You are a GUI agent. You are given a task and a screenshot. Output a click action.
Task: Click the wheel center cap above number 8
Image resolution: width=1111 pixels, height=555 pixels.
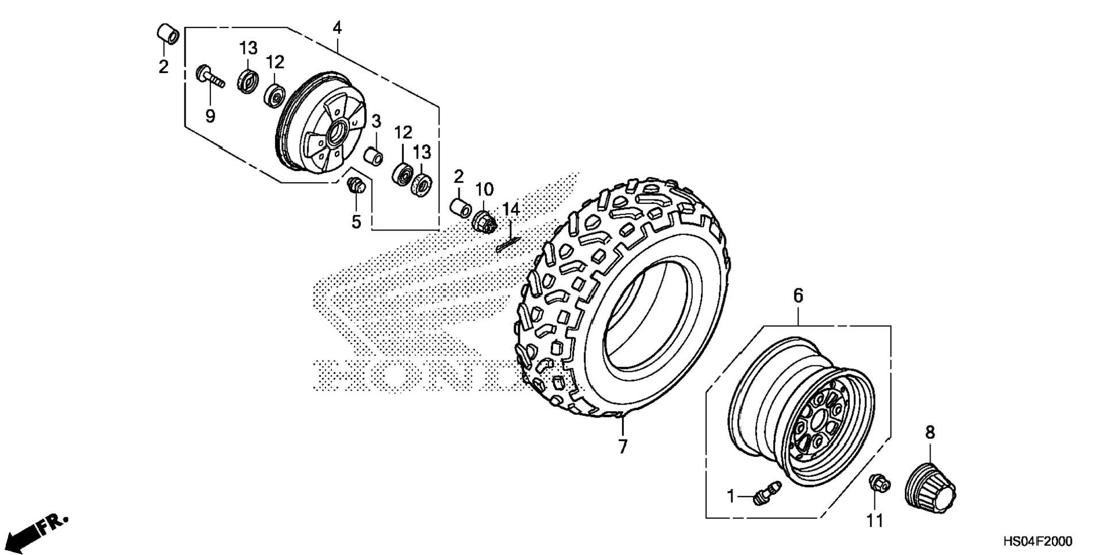tap(929, 482)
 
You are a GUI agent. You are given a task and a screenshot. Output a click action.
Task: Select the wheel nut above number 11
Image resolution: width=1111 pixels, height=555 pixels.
tap(879, 483)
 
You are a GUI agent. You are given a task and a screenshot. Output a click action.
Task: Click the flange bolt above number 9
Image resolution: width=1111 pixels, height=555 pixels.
tap(210, 77)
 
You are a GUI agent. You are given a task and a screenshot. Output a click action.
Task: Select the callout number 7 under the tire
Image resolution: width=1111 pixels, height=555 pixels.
tap(623, 446)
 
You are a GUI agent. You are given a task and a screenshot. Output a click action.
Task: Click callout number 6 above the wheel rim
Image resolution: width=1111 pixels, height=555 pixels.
tap(798, 296)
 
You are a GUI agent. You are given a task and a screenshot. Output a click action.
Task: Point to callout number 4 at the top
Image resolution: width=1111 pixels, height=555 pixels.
tap(337, 28)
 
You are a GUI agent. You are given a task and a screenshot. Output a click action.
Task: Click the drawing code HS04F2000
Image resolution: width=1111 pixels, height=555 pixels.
tap(1038, 542)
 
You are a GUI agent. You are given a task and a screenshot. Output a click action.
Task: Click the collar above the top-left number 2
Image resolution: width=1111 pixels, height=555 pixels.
tap(168, 33)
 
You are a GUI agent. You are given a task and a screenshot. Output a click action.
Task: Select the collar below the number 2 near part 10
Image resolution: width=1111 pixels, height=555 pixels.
tap(461, 209)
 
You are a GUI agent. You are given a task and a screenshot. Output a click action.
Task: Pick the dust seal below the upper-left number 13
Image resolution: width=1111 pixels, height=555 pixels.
tap(248, 81)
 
